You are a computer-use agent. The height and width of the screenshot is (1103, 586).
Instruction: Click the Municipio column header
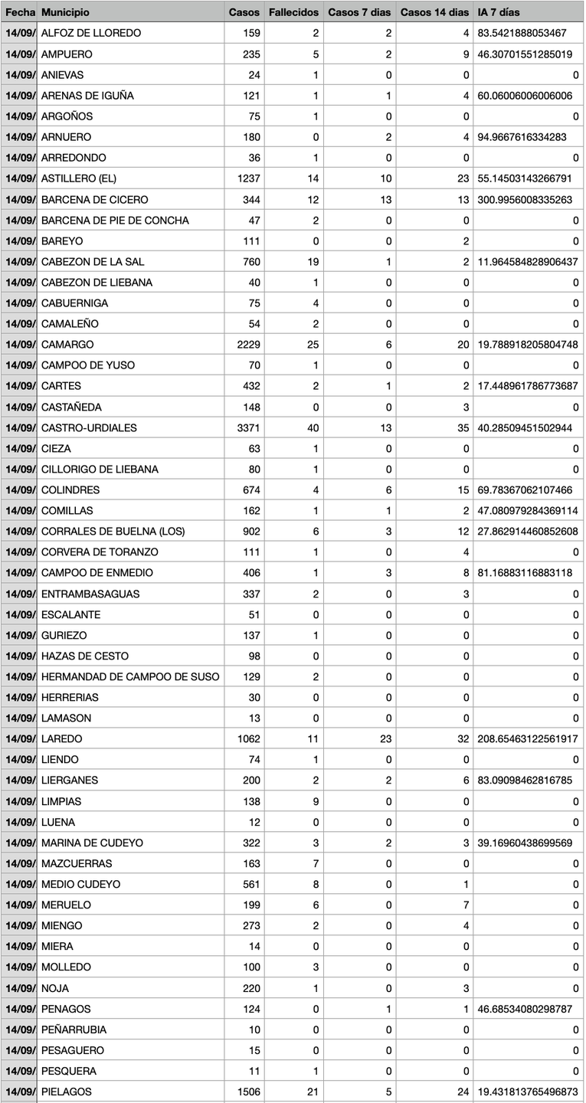[65, 12]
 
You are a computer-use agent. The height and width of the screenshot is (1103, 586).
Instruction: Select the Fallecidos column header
[293, 12]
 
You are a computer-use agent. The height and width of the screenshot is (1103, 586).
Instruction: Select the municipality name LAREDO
[61, 739]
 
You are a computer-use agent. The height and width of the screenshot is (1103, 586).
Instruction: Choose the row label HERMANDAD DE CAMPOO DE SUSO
[130, 676]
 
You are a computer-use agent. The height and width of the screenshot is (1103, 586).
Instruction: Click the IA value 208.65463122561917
[527, 739]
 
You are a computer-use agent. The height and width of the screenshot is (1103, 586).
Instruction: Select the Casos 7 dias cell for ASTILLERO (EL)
[385, 178]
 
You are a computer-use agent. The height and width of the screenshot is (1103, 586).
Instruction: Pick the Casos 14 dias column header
[434, 12]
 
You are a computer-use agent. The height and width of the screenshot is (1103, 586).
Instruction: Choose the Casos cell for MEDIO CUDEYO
[249, 884]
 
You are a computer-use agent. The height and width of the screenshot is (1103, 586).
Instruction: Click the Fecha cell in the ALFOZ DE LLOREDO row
[19, 33]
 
